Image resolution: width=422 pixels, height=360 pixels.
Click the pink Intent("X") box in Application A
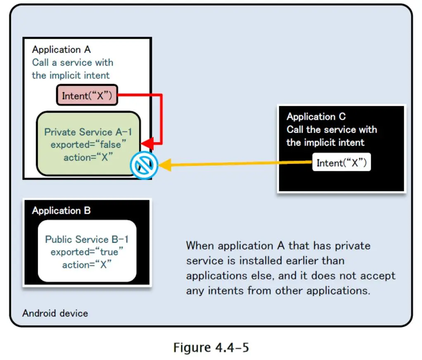coord(87,96)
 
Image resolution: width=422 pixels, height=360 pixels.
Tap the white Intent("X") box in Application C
coord(341,163)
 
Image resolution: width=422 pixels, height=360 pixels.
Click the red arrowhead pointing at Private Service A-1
coord(147,144)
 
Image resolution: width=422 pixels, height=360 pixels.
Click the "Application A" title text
coord(61,50)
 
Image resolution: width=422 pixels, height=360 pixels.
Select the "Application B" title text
coord(61,211)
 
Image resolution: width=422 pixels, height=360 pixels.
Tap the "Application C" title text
coord(316,116)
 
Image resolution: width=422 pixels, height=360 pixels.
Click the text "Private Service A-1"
coord(88,132)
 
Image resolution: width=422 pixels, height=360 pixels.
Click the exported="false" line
coord(88,145)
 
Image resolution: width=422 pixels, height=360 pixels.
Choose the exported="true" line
coord(87,252)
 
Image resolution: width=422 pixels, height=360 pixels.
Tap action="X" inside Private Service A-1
coord(88,158)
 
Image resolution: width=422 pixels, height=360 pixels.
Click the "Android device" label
coord(55,313)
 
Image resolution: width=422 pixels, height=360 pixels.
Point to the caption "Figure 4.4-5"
coord(211,347)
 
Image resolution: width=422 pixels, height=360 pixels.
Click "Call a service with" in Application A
coord(73,62)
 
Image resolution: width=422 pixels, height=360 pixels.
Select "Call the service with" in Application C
coord(332,129)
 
